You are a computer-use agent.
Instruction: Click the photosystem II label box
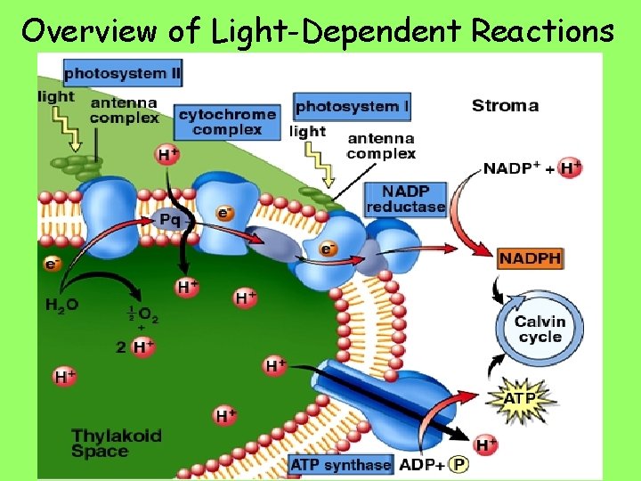pyautogui.click(x=122, y=71)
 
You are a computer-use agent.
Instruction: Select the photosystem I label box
pyautogui.click(x=352, y=107)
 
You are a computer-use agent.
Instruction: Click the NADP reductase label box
pyautogui.click(x=405, y=199)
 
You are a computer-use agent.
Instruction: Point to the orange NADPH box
pyautogui.click(x=531, y=258)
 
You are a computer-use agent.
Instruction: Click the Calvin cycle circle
pyautogui.click(x=540, y=329)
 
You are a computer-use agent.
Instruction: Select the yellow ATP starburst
pyautogui.click(x=520, y=398)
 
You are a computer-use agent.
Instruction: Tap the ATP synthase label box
pyautogui.click(x=341, y=464)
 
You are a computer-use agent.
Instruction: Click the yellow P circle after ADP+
pyautogui.click(x=459, y=464)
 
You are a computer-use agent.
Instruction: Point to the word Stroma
pyautogui.click(x=505, y=106)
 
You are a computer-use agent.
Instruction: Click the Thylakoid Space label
pyautogui.click(x=117, y=444)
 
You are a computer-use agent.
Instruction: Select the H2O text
pyautogui.click(x=62, y=304)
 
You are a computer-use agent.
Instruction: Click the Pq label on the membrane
pyautogui.click(x=170, y=218)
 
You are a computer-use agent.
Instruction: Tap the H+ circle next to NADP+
pyautogui.click(x=570, y=167)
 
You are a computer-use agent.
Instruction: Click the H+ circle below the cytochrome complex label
pyautogui.click(x=167, y=155)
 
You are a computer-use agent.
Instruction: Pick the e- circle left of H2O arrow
pyautogui.click(x=53, y=264)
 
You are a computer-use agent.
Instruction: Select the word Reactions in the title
pyautogui.click(x=542, y=30)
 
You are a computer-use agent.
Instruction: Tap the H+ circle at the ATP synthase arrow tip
pyautogui.click(x=486, y=444)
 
